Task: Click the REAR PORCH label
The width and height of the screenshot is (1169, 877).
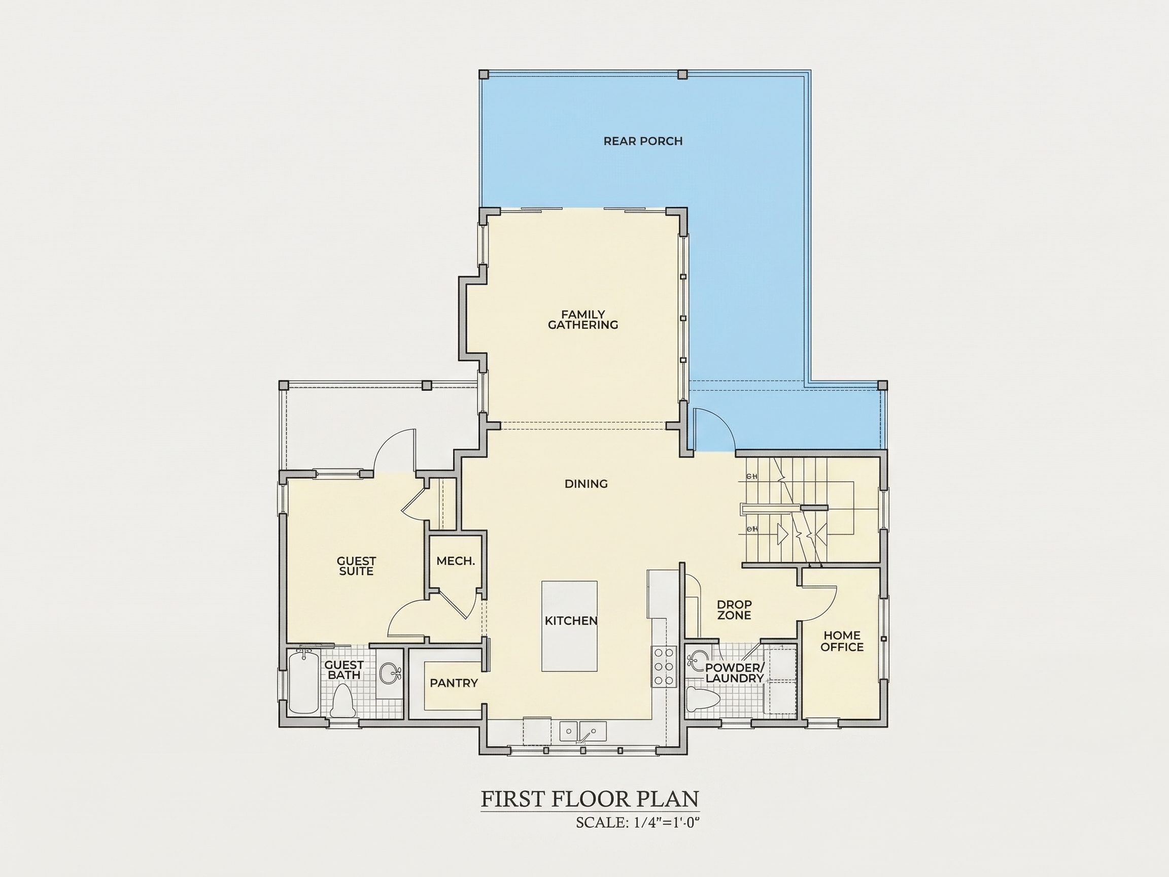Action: click(x=643, y=141)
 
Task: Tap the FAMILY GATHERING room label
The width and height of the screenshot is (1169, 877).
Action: click(x=583, y=320)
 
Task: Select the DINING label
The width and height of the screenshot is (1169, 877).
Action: click(x=586, y=484)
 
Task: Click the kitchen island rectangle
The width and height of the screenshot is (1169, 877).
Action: click(x=570, y=626)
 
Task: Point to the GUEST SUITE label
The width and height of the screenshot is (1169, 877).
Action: click(x=356, y=566)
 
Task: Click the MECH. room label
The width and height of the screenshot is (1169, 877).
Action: click(x=456, y=561)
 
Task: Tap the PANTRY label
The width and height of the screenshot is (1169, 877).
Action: click(x=454, y=683)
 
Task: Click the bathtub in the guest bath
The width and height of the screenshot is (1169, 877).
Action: click(x=303, y=682)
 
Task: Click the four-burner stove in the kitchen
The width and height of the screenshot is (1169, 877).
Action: click(x=664, y=666)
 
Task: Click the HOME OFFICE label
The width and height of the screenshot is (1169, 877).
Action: click(x=842, y=640)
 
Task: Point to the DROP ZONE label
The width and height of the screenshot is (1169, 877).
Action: click(x=734, y=610)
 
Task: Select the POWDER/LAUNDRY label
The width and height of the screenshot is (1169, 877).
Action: click(x=735, y=672)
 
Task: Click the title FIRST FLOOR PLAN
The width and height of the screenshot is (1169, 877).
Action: click(x=590, y=799)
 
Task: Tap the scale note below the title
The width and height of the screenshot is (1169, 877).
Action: click(x=638, y=823)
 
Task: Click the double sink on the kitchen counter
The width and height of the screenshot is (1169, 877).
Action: click(x=583, y=732)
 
